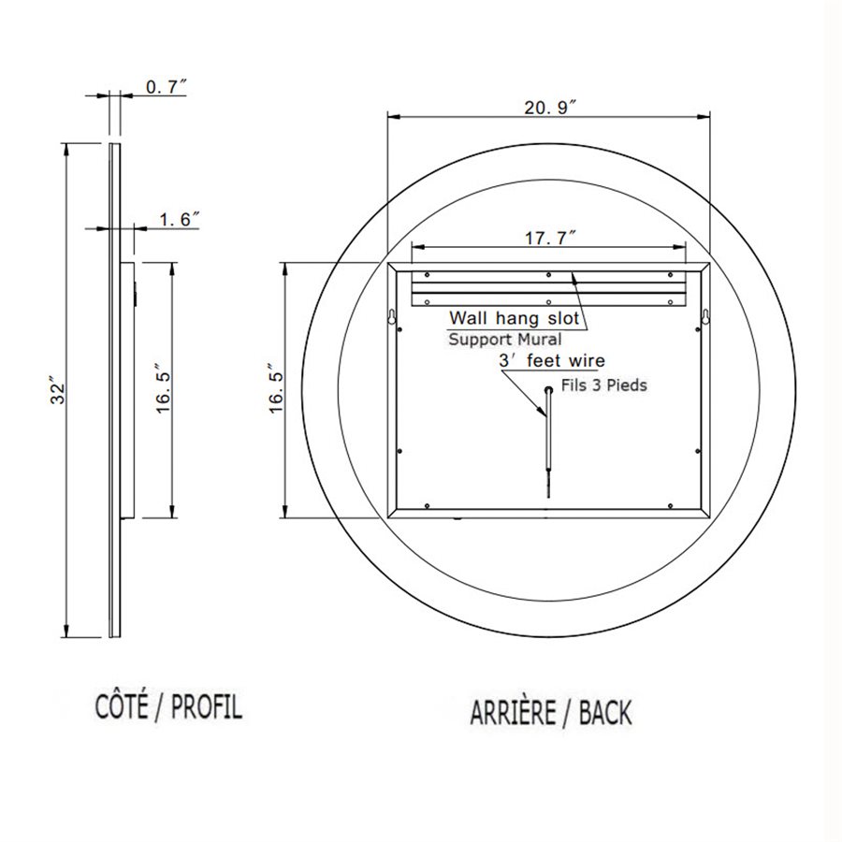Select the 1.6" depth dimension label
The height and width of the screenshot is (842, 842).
(x=180, y=220)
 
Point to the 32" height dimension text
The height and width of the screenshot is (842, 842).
(x=57, y=393)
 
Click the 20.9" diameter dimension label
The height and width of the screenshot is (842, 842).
(x=547, y=109)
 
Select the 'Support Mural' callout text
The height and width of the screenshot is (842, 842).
(x=504, y=339)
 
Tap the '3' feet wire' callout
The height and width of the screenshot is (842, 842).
(x=552, y=361)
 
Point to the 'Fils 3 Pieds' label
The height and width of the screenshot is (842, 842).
(x=602, y=385)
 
